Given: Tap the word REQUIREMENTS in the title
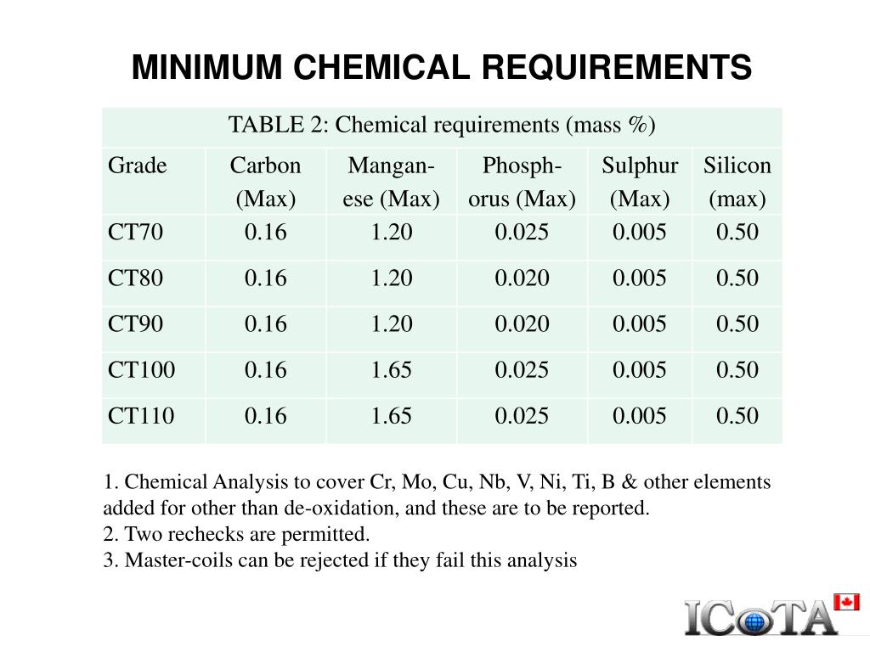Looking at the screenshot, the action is [617, 68].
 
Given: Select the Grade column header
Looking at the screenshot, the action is [137, 166].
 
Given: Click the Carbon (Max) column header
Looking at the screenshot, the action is [265, 182].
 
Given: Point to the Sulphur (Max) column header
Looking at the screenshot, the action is [640, 182].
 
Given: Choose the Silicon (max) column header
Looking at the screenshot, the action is [737, 182].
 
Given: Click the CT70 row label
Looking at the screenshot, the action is [135, 232].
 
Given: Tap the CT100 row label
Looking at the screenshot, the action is [142, 370].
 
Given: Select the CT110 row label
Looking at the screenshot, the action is [141, 416].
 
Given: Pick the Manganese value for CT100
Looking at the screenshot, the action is [391, 370].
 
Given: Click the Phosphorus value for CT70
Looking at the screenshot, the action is [522, 232].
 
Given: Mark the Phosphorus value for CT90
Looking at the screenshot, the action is [522, 323].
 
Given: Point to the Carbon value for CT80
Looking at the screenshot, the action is [265, 278].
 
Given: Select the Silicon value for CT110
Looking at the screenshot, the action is [737, 416].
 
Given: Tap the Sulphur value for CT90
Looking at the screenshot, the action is [639, 323].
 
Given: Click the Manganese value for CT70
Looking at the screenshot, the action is [391, 232].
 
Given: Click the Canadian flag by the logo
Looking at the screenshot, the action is [847, 602].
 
